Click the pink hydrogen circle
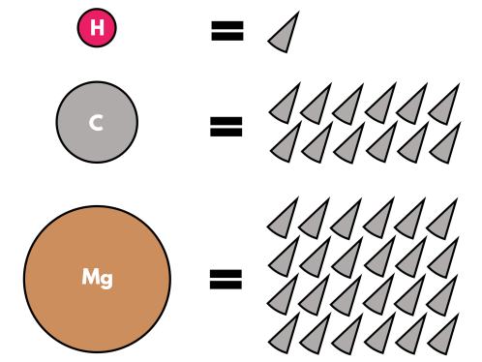97,28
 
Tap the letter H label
97,28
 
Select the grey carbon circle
97,122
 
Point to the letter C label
96,123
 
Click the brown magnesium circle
97,279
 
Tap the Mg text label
97,279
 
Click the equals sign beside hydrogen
226,31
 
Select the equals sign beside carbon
226,125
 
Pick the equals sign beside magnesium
226,281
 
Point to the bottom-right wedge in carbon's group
446,144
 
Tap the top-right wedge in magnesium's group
442,219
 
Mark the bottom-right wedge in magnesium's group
443,335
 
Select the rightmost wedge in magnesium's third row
443,296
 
